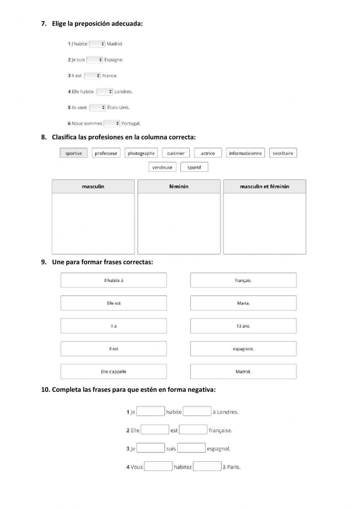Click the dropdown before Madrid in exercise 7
(97, 44)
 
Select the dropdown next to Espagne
(95, 60)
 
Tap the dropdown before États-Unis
(97, 107)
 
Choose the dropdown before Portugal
(112, 124)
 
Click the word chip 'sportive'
(73, 153)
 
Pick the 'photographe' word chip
(141, 153)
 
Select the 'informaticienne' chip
(245, 153)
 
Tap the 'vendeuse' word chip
(162, 167)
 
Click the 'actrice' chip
(208, 153)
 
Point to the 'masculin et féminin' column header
(265, 187)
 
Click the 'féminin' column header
(179, 187)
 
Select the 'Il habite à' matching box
(113, 280)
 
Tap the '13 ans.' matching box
(243, 326)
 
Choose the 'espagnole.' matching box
(243, 349)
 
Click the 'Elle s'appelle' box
(113, 371)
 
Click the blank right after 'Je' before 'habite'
(150, 411)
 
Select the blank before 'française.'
(193, 430)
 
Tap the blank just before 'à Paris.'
(207, 466)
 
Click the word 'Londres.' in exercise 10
(228, 412)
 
